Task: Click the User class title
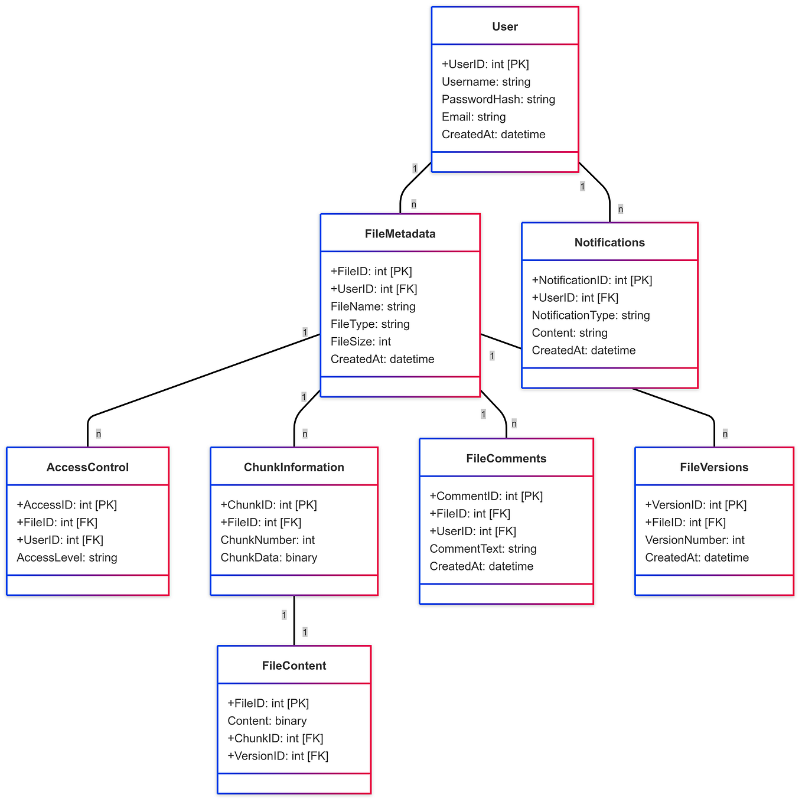coord(504,27)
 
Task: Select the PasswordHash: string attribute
coord(498,99)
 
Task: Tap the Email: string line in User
coord(473,117)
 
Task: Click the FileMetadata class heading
coord(400,234)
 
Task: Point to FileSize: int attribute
coord(360,342)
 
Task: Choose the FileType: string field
coord(370,324)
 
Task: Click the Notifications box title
coord(609,243)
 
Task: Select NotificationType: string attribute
coord(590,315)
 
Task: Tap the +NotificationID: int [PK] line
coord(591,281)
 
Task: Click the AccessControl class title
coord(87,467)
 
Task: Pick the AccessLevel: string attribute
coord(67,558)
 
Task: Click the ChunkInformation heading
coord(294,467)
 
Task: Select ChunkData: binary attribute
coord(269,558)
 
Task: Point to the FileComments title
coord(506,459)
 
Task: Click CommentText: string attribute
coord(482,549)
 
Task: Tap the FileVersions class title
coord(713,467)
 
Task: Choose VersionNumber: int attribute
coord(695,540)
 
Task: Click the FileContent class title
coord(294,666)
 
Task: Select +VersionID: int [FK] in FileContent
coord(278,756)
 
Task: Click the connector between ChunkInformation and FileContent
coord(294,620)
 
